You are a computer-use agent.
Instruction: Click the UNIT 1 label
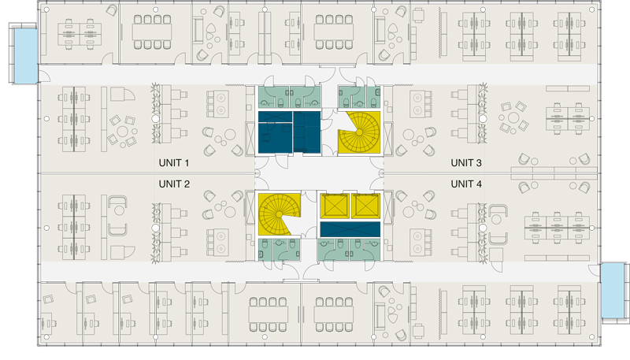(x=173, y=163)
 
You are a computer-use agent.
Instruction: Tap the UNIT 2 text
(x=174, y=184)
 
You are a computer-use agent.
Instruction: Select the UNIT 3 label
(x=466, y=163)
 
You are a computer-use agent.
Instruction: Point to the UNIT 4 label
(x=466, y=184)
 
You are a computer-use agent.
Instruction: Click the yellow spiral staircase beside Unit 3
(x=359, y=132)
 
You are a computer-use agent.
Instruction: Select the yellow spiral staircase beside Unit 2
(x=280, y=214)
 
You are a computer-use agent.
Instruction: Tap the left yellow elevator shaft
(x=334, y=206)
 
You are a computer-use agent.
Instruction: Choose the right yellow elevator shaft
(x=365, y=206)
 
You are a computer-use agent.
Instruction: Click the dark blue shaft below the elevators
(x=350, y=229)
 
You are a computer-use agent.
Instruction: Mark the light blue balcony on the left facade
(x=26, y=55)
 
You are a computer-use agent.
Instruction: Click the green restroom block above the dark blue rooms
(x=289, y=97)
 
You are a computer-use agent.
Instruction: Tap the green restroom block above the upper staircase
(x=359, y=97)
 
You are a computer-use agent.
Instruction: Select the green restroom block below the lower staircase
(x=280, y=250)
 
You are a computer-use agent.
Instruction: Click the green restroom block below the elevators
(x=349, y=250)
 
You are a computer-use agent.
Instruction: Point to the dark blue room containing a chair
(x=275, y=132)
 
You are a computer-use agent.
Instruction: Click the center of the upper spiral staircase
(x=359, y=132)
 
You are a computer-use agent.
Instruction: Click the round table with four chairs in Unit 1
(x=122, y=131)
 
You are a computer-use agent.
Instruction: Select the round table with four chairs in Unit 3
(x=513, y=117)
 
